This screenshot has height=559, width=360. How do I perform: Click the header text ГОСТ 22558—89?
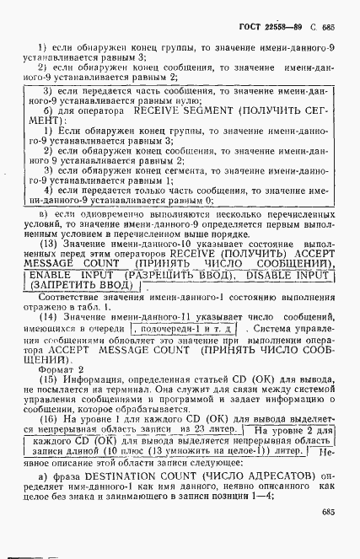(x=275, y=26)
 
